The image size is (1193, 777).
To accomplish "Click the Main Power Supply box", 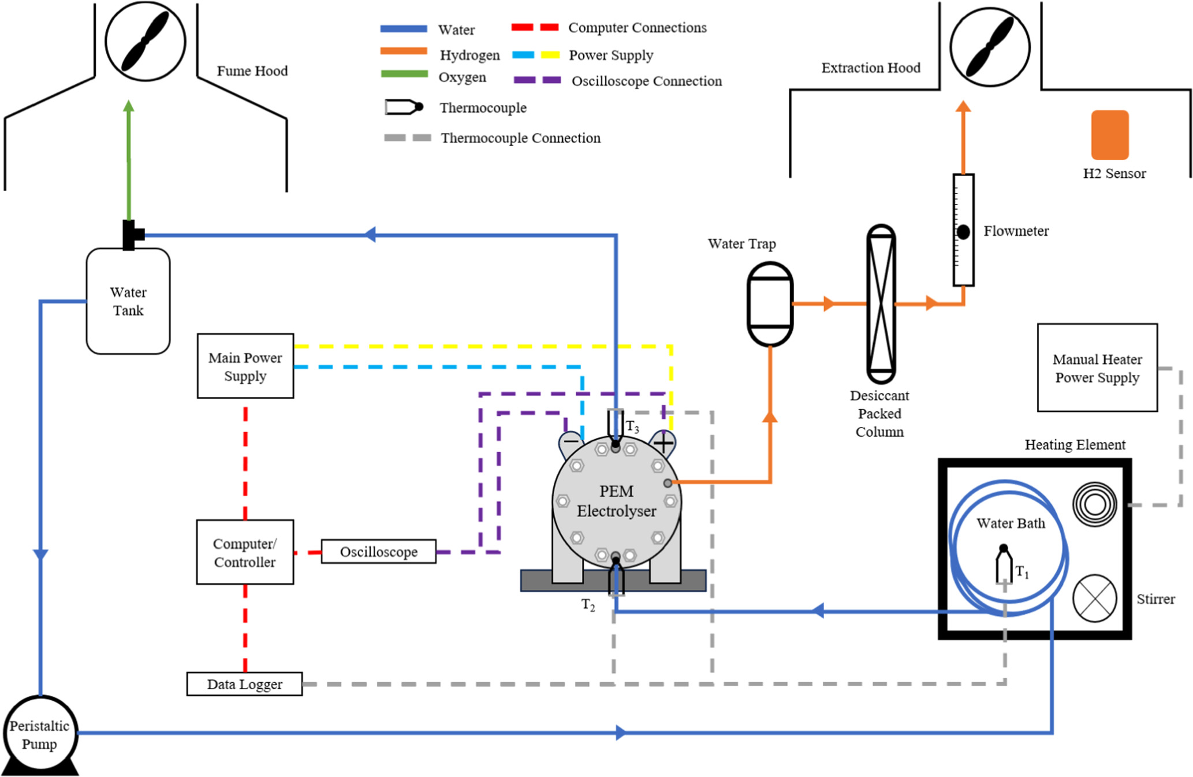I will [245, 366].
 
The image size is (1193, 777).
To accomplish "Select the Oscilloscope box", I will [378, 552].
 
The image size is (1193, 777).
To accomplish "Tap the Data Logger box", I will [244, 684].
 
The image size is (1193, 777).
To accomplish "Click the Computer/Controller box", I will [245, 552].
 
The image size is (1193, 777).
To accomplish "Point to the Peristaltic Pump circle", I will [39, 734].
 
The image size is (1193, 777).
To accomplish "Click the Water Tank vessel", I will [128, 301].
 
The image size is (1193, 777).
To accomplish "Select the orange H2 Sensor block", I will [1109, 135].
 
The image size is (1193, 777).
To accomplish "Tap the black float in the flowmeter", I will [963, 232].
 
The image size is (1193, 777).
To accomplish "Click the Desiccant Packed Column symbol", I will [881, 304].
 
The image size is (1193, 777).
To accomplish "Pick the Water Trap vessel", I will [770, 304].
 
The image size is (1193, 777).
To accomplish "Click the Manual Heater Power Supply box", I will [1097, 368].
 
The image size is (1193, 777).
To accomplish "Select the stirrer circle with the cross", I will [1094, 598].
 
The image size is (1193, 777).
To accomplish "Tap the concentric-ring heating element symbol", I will [1094, 504].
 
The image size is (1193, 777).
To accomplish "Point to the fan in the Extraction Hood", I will [990, 47].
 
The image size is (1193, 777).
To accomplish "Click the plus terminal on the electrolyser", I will [663, 443].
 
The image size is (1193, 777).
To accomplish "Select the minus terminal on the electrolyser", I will [571, 441].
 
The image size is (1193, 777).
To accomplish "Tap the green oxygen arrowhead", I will [129, 106].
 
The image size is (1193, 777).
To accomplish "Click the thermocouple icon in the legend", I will [404, 107].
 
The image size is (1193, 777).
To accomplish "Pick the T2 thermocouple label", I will [588, 605].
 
